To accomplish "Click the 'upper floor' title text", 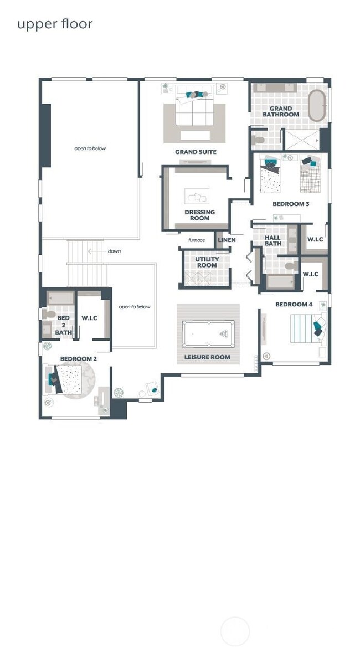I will tap(54, 24).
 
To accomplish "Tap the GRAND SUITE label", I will tap(196, 152).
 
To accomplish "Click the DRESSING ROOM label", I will tap(199, 215).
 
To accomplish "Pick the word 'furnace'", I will tap(196, 240).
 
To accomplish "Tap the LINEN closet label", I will tap(227, 240).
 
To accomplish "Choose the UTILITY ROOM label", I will tap(207, 262).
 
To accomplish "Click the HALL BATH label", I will tap(272, 240).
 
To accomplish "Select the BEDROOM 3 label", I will tap(291, 204).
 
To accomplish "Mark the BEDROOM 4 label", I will tap(294, 304).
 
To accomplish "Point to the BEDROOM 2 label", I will tap(79, 359).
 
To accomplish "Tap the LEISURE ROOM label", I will tap(207, 357).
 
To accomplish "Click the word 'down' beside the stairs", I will tap(114, 251).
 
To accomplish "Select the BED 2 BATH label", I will tap(63, 325).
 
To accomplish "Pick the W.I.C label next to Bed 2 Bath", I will tap(89, 318).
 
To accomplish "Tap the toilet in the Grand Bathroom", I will tap(258, 139).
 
